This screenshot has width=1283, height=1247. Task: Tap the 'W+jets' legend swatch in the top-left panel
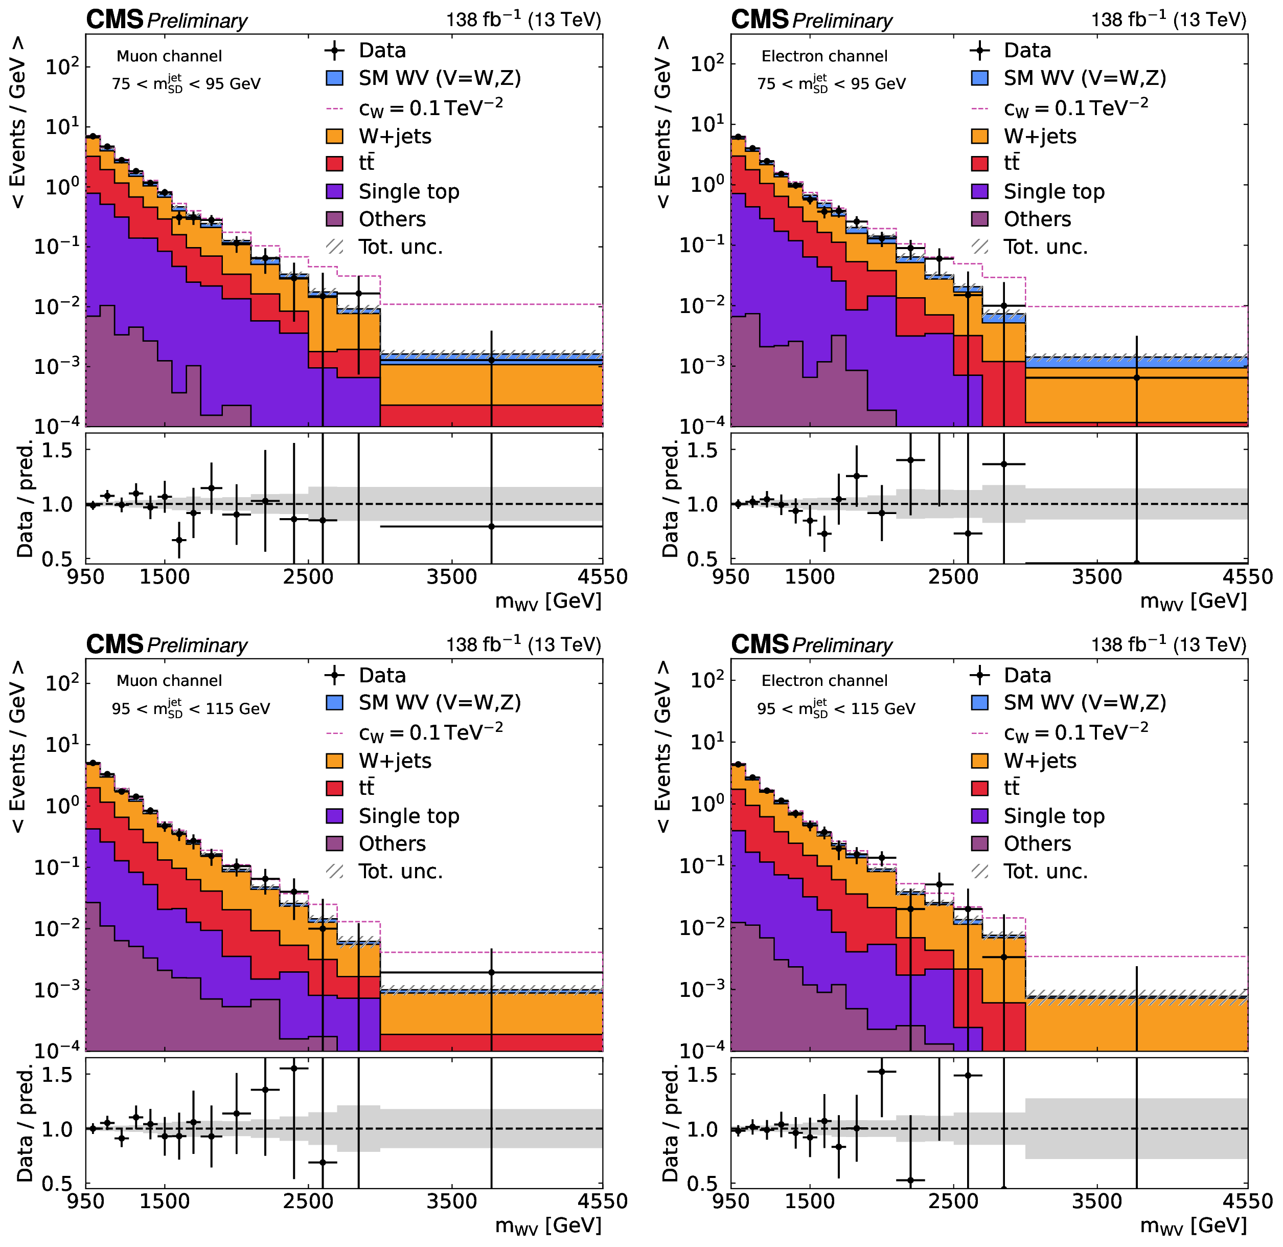coord(334,136)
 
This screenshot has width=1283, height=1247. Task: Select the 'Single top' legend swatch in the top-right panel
coord(980,191)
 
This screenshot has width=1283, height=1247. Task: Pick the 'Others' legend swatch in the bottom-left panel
coord(334,843)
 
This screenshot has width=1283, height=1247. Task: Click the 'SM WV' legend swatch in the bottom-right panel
coord(980,703)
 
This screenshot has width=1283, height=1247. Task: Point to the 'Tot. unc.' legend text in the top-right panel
coord(1045,247)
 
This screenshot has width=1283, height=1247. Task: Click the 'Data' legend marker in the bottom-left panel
coord(334,675)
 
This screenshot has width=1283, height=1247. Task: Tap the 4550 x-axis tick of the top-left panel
coord(602,577)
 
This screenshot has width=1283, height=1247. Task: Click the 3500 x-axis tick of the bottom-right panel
coord(1097,1201)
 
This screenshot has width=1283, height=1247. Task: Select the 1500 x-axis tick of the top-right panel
coord(810,577)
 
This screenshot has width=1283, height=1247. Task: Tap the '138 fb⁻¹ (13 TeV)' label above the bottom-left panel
coord(523,644)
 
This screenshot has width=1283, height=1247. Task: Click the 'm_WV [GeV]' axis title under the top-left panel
coord(548,601)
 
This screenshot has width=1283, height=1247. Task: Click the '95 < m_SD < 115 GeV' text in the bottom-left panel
coord(191,708)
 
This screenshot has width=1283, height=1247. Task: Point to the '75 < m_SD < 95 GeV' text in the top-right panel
coord(831,83)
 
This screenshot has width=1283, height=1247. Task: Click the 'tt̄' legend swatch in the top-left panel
coord(334,164)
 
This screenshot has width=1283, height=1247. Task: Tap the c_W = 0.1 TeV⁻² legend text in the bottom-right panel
coord(1076,731)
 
